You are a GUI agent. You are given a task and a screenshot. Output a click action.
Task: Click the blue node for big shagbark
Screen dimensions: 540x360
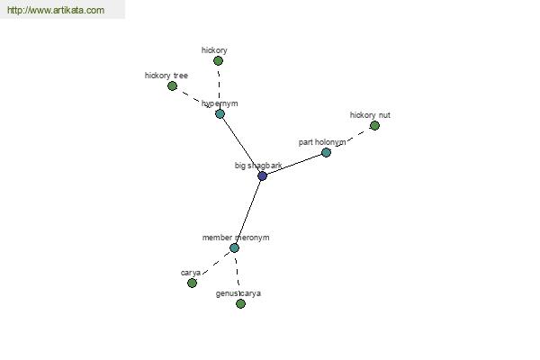coord(263,176)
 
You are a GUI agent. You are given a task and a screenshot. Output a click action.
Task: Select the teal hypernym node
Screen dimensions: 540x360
coord(220,113)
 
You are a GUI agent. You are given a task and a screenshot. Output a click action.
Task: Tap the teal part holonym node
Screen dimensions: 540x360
coord(326,152)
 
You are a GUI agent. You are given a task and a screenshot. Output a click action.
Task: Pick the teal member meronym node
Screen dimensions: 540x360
coord(235,247)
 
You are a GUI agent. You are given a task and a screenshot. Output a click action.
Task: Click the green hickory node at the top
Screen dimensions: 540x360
coord(218,61)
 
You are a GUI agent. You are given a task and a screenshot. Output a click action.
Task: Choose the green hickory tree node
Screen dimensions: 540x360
coord(172,85)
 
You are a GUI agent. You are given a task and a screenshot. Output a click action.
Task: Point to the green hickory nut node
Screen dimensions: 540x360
coord(374,126)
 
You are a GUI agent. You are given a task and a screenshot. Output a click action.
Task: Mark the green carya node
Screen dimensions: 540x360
coord(193,283)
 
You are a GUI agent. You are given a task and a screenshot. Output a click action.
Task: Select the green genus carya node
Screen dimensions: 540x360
coord(240,303)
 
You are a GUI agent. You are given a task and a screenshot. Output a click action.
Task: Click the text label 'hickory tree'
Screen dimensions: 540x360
coord(166,76)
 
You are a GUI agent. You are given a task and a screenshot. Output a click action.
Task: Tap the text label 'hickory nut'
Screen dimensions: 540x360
coord(370,115)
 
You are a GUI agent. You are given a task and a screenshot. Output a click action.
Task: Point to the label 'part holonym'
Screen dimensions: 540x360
coord(322,142)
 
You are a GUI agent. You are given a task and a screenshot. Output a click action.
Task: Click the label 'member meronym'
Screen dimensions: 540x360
coord(236,238)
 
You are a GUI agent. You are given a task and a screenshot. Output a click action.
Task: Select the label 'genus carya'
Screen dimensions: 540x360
coord(238,293)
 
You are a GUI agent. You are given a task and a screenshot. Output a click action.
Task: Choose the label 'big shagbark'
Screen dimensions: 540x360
coord(258,166)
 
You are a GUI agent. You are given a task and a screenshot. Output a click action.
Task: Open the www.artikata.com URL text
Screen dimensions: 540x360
coord(56,10)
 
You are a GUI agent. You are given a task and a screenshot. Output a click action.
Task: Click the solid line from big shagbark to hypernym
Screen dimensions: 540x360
coord(241,145)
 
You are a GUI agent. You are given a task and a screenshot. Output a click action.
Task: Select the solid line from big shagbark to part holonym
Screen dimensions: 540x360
coord(294,165)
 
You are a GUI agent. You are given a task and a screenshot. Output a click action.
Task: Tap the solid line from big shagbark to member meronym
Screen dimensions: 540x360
coord(248,211)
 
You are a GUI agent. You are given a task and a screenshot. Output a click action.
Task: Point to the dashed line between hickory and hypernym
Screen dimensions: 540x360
coord(219,87)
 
